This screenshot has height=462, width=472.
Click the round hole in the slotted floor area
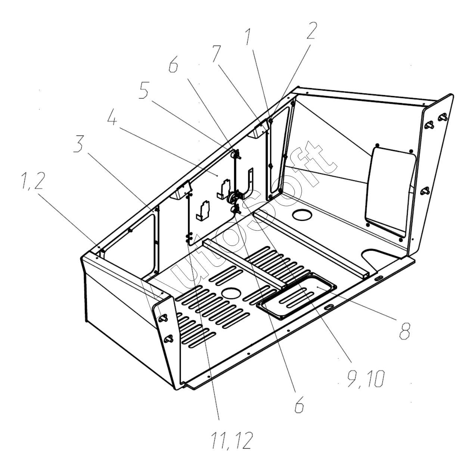232,292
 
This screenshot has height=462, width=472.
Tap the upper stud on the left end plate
163,318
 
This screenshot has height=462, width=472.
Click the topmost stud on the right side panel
442,118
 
